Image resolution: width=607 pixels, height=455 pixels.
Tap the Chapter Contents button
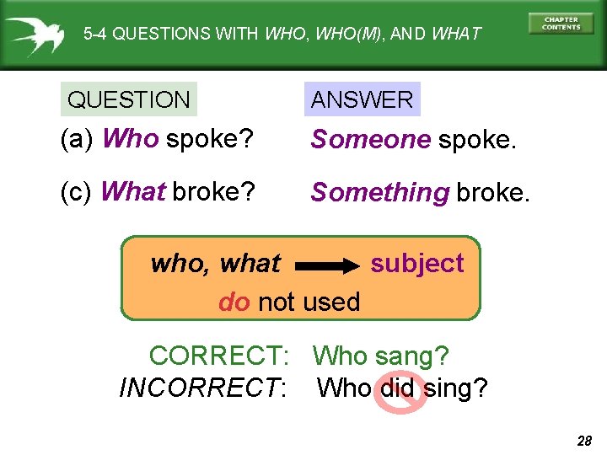[561, 23]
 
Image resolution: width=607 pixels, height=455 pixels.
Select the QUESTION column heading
[129, 99]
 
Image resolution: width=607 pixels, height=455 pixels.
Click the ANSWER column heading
[362, 99]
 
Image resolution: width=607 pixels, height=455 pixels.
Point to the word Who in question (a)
[130, 139]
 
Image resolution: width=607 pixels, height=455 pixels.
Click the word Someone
[371, 140]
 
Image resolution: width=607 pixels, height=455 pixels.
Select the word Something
[380, 193]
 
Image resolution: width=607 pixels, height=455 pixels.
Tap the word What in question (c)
[132, 192]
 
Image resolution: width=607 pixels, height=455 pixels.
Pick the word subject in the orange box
[417, 264]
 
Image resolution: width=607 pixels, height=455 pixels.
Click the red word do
[234, 302]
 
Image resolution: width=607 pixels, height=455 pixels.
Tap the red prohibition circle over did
[399, 390]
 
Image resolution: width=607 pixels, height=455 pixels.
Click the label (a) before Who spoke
[77, 139]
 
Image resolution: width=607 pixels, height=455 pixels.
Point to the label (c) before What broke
[77, 192]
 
